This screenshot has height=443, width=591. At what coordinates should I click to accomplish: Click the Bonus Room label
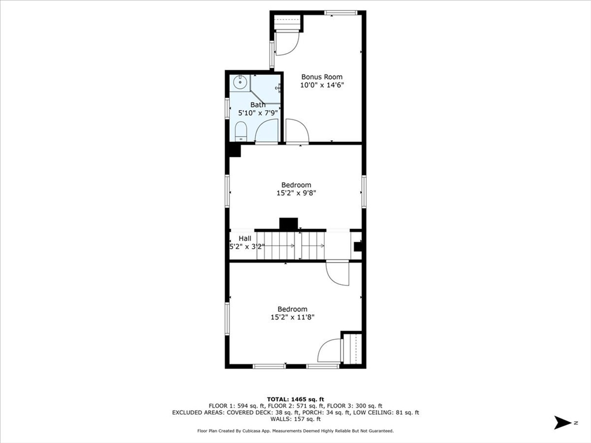321,77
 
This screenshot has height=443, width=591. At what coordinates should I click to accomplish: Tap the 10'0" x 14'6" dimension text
321,85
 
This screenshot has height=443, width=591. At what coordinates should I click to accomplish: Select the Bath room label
257,105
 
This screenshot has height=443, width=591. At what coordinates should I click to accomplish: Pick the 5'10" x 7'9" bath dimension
257,113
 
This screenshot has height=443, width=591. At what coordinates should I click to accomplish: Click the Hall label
245,238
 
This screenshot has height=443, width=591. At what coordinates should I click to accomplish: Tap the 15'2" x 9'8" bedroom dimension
295,193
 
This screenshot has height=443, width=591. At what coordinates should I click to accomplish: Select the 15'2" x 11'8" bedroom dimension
292,317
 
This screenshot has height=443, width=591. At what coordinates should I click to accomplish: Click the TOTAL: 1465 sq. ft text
295,399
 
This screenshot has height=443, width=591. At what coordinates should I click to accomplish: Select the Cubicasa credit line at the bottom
295,431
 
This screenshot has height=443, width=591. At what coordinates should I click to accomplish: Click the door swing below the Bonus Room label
297,131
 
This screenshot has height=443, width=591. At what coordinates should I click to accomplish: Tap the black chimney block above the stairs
288,223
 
